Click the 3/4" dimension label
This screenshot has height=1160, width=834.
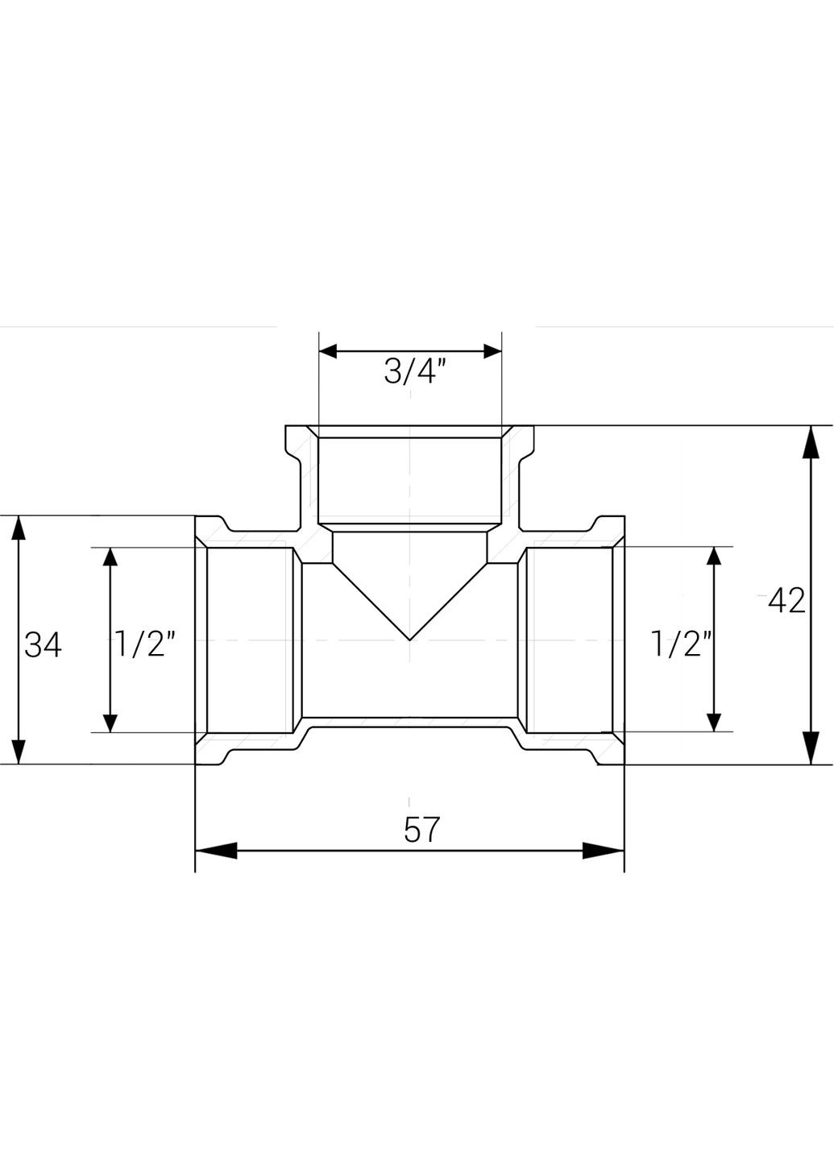[414, 372]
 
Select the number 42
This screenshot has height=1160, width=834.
[786, 601]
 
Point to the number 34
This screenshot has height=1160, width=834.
[43, 645]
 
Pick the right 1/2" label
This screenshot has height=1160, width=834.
[683, 644]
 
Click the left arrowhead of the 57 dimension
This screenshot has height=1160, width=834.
[216, 851]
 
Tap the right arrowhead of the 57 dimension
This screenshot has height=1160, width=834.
[603, 851]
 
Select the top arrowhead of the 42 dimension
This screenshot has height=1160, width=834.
[811, 442]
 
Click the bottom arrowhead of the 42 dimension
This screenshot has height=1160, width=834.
[811, 748]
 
